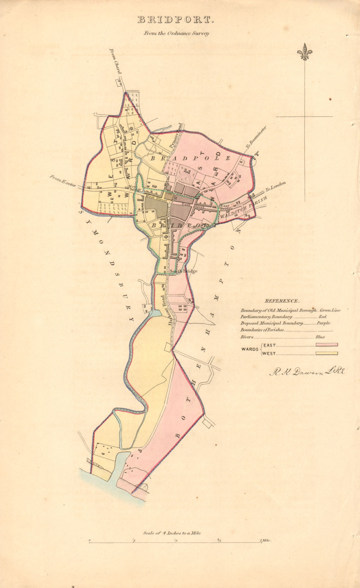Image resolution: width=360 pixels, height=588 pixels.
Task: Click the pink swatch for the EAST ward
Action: (x=326, y=345)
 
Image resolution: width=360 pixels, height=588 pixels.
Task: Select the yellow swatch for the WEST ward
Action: (x=326, y=354)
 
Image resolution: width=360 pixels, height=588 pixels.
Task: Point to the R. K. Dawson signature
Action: (x=307, y=372)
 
